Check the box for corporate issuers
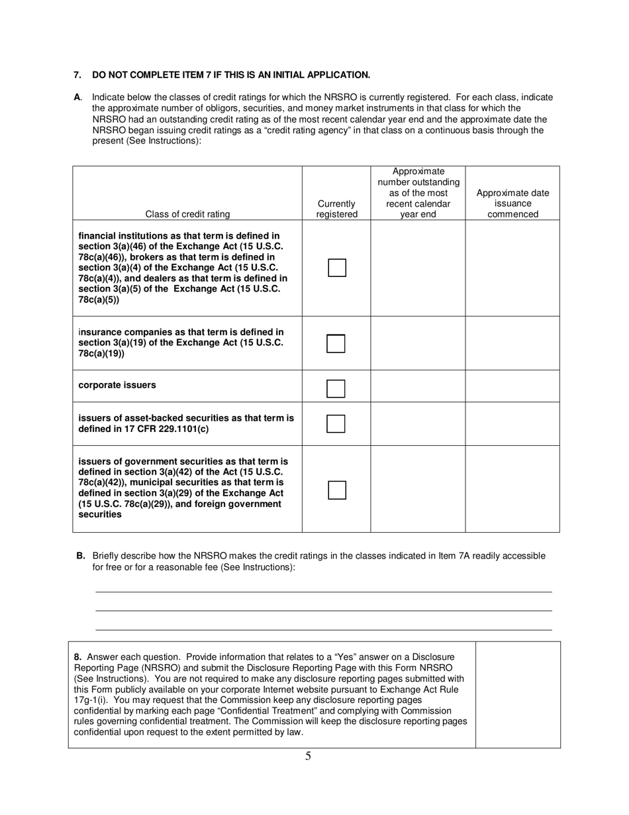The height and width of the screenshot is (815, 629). pyautogui.click(x=336, y=388)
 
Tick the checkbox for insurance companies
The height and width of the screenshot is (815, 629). pyautogui.click(x=336, y=344)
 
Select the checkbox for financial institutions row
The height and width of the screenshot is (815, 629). pyautogui.click(x=337, y=268)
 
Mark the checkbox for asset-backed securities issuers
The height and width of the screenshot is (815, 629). pyautogui.click(x=336, y=424)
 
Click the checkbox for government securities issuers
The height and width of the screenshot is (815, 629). pyautogui.click(x=337, y=490)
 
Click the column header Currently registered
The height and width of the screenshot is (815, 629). pyautogui.click(x=336, y=209)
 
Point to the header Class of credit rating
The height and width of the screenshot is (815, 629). pyautogui.click(x=187, y=214)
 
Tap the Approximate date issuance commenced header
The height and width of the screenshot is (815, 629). pyautogui.click(x=512, y=203)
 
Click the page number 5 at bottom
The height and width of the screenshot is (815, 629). pyautogui.click(x=308, y=756)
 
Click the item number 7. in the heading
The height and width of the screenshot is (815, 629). pyautogui.click(x=77, y=75)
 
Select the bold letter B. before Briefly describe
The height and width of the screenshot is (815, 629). pyautogui.click(x=81, y=556)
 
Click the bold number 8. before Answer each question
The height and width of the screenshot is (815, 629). pyautogui.click(x=78, y=656)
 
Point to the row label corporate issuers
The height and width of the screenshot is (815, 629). pyautogui.click(x=117, y=385)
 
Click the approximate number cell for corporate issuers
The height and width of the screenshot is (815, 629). pyautogui.click(x=418, y=386)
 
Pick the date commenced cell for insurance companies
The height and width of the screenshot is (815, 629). pyautogui.click(x=512, y=343)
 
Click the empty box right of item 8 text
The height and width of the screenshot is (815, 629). pyautogui.click(x=518, y=694)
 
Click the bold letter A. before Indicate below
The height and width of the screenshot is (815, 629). pyautogui.click(x=77, y=97)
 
